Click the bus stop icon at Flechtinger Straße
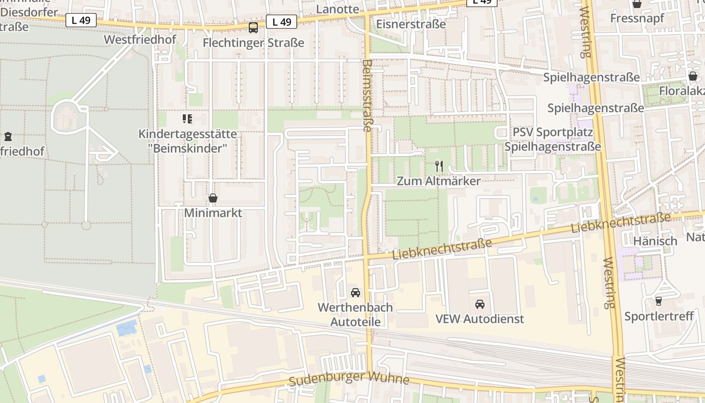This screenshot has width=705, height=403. click(x=253, y=27)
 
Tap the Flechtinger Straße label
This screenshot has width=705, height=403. click(x=253, y=43)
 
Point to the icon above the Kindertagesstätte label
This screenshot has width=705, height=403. click(x=187, y=119)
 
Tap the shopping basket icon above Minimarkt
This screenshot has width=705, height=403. click(x=213, y=198)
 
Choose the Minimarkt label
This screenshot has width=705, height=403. click(x=213, y=213)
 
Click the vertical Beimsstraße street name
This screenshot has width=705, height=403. click(x=367, y=96)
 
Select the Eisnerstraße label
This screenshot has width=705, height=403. click(x=411, y=24)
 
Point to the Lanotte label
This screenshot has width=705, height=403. click(x=337, y=9)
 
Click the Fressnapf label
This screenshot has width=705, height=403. click(x=637, y=18)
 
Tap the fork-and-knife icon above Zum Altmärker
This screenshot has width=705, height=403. click(x=439, y=166)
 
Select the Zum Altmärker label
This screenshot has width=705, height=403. click(x=439, y=181)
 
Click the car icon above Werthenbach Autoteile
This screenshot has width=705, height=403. click(x=356, y=292)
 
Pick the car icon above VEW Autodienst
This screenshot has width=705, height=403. click(x=480, y=304)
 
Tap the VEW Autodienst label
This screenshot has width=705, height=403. click(x=480, y=319)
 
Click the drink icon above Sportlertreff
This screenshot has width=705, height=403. click(x=659, y=301)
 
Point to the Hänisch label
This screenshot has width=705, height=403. click(x=655, y=241)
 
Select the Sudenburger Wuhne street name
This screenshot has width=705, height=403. click(x=349, y=378)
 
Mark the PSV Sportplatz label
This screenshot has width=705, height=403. click(x=552, y=132)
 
